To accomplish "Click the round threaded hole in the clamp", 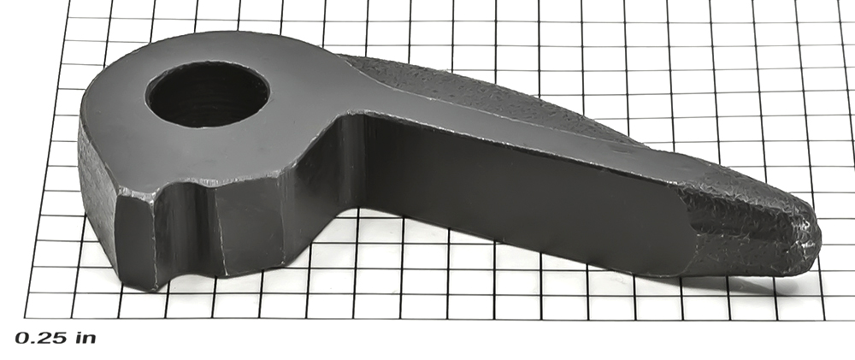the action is [208, 94].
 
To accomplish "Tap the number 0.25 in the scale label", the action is [41, 338].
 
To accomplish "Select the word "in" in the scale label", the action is [85, 338].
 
